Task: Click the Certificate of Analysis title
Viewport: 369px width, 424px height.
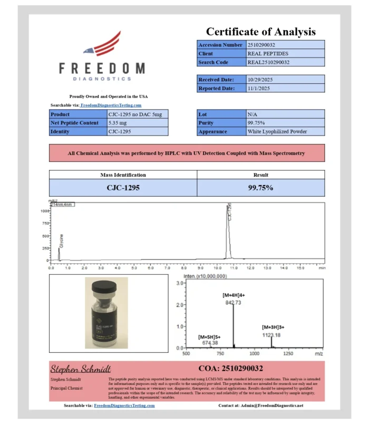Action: (260, 32)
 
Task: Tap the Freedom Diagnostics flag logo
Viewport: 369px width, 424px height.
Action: (104, 45)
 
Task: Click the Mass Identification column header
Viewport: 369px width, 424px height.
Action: (123, 175)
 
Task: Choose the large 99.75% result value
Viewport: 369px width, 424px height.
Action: (260, 187)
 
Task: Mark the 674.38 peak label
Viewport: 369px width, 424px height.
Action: (209, 343)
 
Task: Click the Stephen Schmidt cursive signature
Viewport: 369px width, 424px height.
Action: (81, 368)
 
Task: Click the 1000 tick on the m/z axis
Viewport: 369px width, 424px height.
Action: (255, 353)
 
